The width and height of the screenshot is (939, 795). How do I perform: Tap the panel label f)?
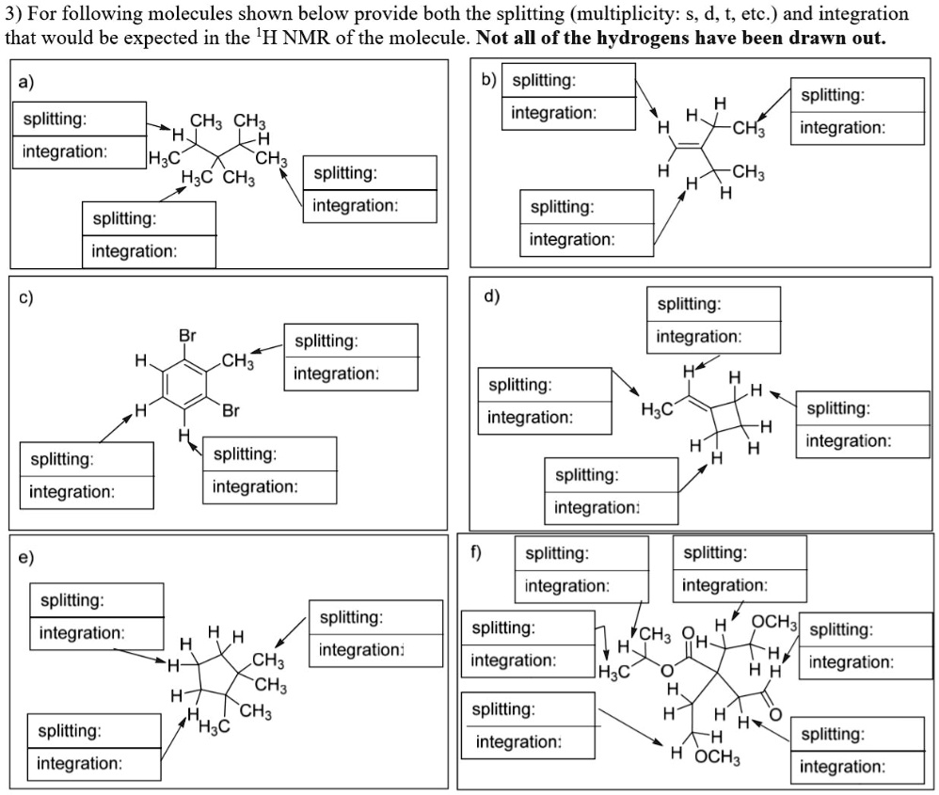coord(475,552)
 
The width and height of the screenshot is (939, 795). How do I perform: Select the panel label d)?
coord(490,296)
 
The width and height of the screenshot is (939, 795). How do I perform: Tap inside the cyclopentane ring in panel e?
coord(219,684)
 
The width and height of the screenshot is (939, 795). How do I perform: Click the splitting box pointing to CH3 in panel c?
coord(350,341)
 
